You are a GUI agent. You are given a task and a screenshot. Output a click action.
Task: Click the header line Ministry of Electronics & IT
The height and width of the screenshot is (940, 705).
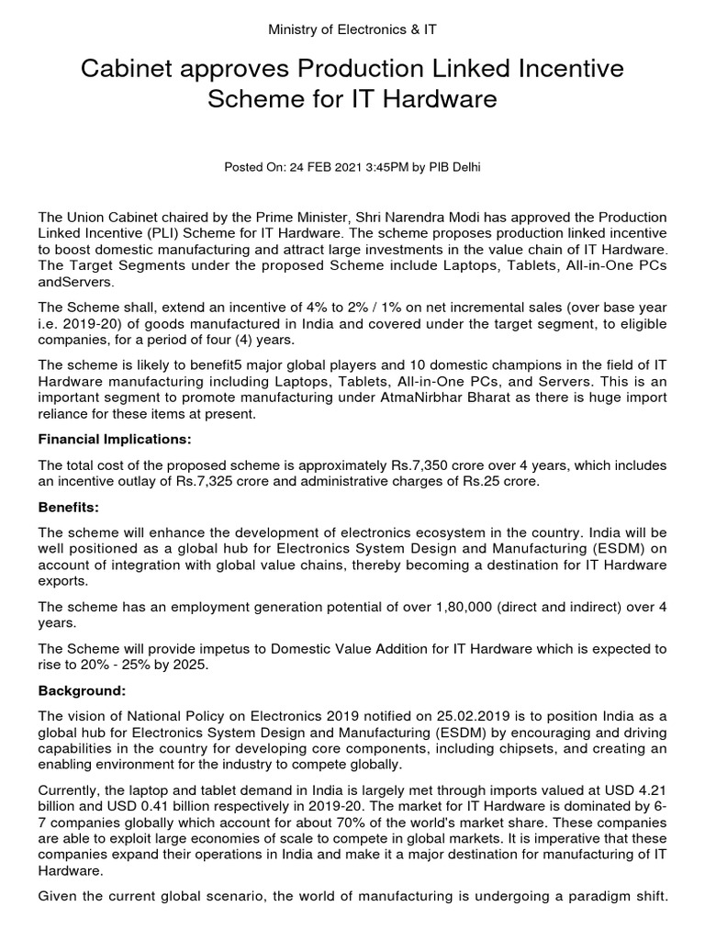[352, 29]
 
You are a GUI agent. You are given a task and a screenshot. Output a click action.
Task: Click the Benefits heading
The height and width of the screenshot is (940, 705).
[68, 507]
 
